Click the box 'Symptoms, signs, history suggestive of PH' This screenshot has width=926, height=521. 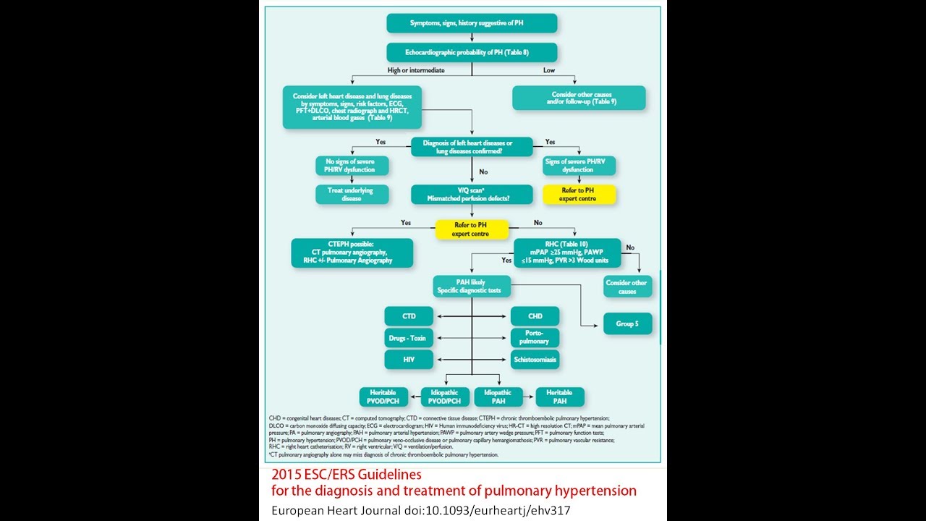click(472, 23)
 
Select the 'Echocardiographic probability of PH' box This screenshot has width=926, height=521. click(472, 52)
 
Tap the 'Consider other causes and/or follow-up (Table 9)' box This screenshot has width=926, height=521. click(579, 98)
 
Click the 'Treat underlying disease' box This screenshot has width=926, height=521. click(352, 194)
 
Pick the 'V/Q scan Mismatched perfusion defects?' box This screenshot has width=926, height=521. click(472, 194)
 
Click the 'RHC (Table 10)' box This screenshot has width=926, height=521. click(567, 253)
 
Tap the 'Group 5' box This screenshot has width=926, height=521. click(627, 323)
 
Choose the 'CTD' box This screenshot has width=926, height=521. click(409, 316)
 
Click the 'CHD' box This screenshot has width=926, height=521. click(535, 316)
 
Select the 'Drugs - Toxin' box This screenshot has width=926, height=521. click(409, 337)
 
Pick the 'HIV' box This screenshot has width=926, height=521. click(409, 359)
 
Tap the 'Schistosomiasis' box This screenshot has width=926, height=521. click(535, 359)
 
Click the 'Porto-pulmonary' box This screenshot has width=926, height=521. click(535, 337)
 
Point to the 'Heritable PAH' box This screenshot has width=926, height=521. click(560, 397)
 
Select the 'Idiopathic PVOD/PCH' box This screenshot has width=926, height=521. click(444, 397)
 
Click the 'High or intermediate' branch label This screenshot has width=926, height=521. click(416, 70)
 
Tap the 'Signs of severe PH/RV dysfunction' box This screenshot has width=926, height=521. click(579, 166)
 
